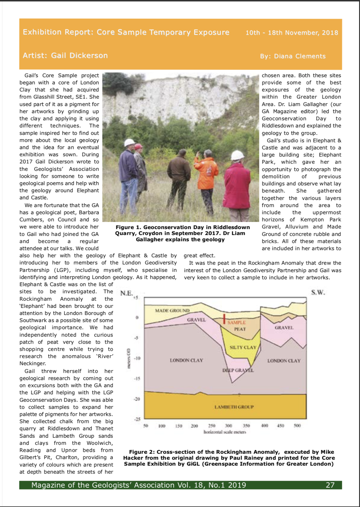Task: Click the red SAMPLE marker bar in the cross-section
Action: point(225,319)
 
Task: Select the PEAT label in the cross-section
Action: point(240,329)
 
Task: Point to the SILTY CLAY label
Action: point(243,347)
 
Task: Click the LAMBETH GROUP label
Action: point(234,407)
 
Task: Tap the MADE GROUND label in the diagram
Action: point(172,311)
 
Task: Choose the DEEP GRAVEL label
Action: point(238,370)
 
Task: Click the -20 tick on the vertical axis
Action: point(137,399)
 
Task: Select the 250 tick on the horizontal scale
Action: point(212,426)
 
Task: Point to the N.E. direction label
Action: point(127,293)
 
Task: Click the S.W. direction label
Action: point(318,292)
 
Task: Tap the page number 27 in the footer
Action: point(330,485)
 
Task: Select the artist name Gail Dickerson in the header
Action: point(79,56)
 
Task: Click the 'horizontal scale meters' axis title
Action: point(225,432)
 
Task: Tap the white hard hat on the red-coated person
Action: point(237,155)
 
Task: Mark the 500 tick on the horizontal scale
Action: point(297,426)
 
